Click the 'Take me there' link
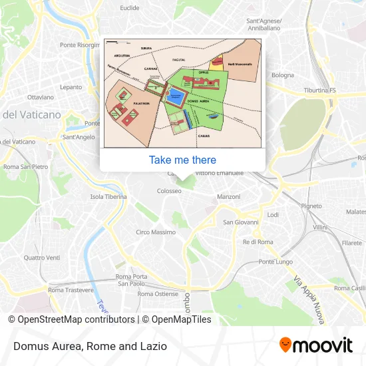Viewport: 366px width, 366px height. click(182, 160)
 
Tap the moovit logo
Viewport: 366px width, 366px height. click(315, 345)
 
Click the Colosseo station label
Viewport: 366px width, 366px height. click(169, 191)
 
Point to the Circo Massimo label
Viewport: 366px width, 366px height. click(155, 232)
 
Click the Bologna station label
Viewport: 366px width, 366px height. click(282, 75)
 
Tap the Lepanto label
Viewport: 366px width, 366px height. click(70, 87)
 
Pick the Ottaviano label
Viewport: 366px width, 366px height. click(40, 97)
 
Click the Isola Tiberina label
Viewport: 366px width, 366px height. click(108, 197)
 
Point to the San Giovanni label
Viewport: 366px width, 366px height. click(240, 222)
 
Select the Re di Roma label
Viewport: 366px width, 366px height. click(258, 242)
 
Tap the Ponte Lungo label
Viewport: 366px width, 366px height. click(275, 262)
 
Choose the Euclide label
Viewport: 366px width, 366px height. click(129, 8)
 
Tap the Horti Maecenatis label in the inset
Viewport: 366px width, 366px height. click(240, 65)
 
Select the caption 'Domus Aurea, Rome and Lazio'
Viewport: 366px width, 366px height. click(89, 346)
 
